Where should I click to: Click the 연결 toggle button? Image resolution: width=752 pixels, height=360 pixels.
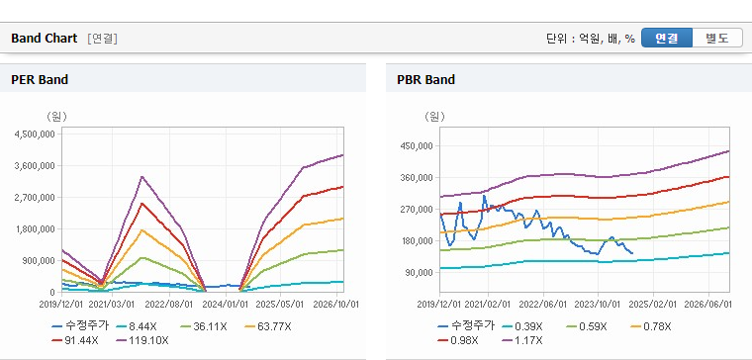[x=667, y=38]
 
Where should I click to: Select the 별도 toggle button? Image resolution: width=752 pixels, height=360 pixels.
[x=717, y=38]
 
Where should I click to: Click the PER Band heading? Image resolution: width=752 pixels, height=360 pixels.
[x=40, y=79]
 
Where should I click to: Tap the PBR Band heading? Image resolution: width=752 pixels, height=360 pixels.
[x=425, y=79]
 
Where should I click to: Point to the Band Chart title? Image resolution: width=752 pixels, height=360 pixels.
[x=45, y=39]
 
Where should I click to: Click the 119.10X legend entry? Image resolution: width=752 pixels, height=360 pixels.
[x=142, y=340]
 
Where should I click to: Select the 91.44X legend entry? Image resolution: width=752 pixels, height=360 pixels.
[x=75, y=340]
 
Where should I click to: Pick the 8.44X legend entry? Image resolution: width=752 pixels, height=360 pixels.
[x=137, y=327]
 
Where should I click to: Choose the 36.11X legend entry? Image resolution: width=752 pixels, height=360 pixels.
[x=204, y=327]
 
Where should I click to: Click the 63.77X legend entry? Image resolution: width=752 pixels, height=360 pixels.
[x=267, y=327]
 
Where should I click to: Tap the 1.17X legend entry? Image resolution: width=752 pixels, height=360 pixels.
[x=522, y=340]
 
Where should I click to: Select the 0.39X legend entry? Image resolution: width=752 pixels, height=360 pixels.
[x=522, y=327]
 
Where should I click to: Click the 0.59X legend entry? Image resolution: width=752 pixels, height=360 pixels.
[x=587, y=327]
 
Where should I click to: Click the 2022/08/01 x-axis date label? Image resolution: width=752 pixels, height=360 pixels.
[x=169, y=305]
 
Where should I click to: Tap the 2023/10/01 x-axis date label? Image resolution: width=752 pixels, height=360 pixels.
[x=597, y=305]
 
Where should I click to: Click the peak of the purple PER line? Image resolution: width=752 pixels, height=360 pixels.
[x=141, y=176]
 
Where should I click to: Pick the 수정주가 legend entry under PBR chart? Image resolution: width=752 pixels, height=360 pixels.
[x=466, y=327]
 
